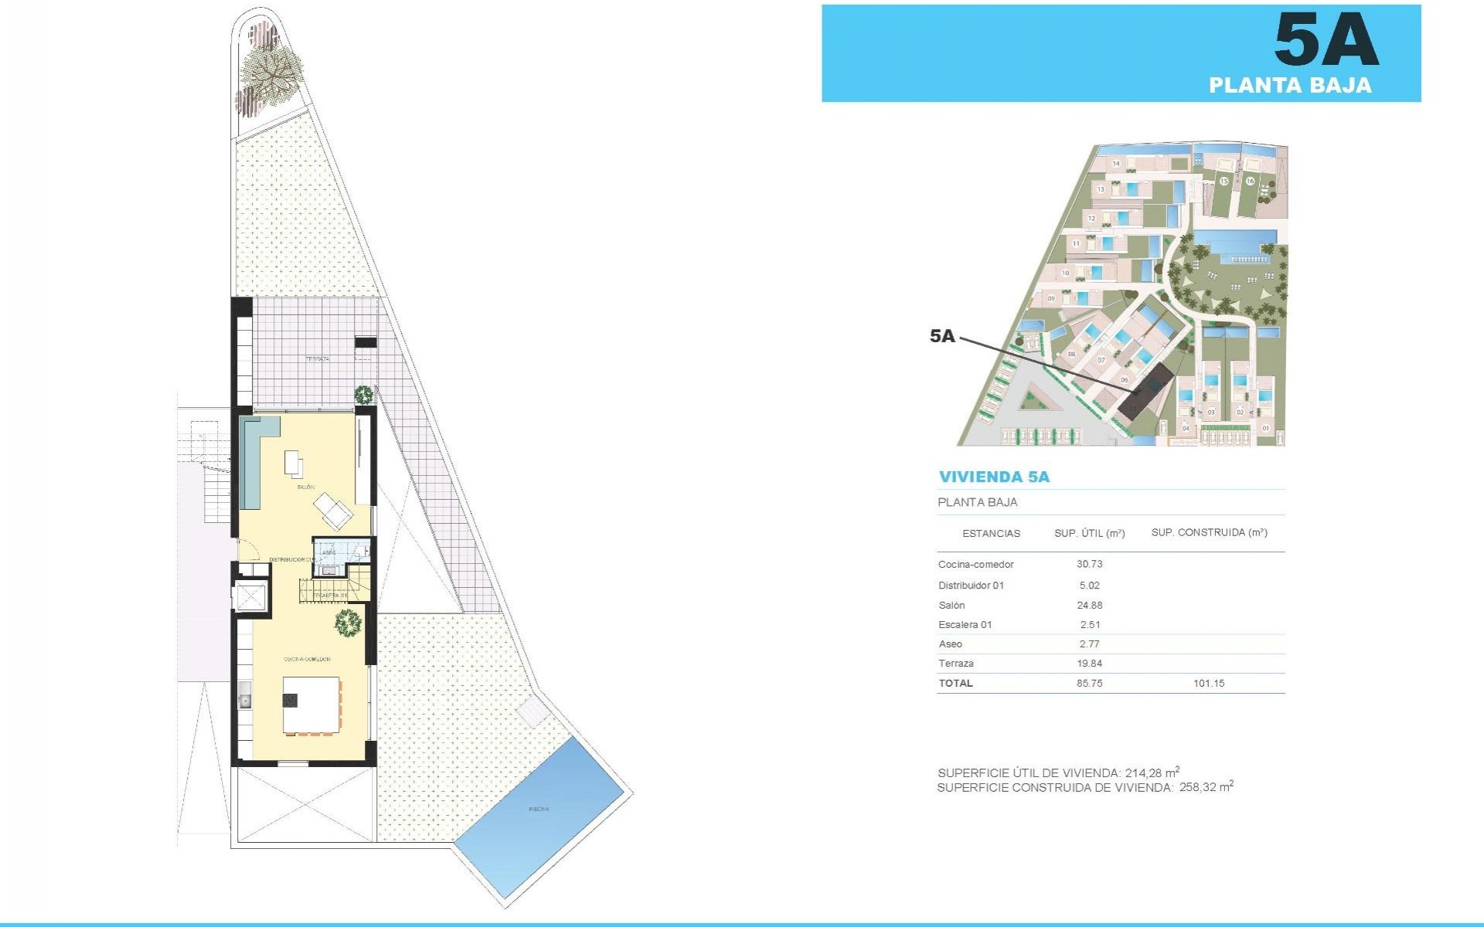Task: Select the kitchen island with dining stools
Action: [x=311, y=705]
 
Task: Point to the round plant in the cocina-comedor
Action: [x=348, y=623]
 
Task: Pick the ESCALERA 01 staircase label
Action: [x=331, y=596]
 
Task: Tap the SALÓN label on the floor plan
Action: [x=305, y=487]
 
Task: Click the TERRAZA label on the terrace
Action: [x=317, y=359]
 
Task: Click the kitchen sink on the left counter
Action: [x=245, y=700]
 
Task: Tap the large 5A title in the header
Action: [x=1325, y=40]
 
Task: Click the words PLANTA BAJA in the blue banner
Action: [x=1289, y=85]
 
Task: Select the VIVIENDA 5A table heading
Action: [x=994, y=477]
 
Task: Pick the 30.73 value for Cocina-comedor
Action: [x=1089, y=564]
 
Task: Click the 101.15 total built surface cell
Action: [x=1209, y=683]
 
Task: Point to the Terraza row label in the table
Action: [x=956, y=664]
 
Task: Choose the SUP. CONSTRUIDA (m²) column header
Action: [x=1209, y=532]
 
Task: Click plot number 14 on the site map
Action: [x=1116, y=164]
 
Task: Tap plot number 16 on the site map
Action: [x=1250, y=182]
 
